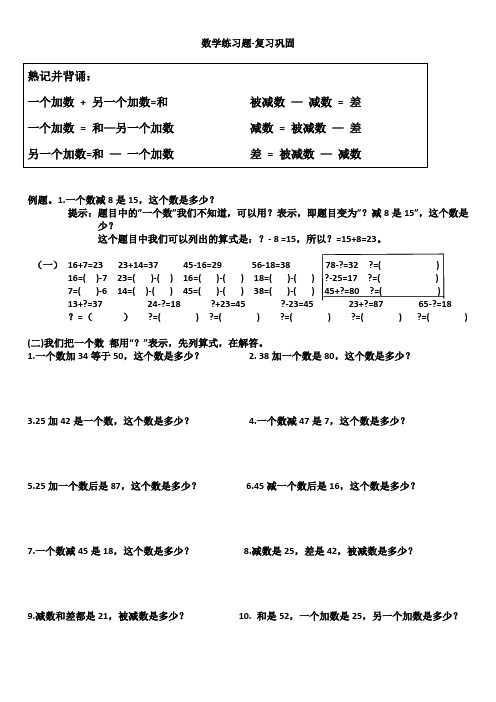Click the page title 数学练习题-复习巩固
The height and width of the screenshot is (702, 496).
click(x=247, y=44)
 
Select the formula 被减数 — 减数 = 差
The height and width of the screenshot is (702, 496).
click(x=305, y=102)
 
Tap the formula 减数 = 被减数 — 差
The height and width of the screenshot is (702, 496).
click(x=305, y=128)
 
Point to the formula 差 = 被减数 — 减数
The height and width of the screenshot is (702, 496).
click(x=305, y=154)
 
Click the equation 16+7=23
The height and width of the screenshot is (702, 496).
click(x=85, y=264)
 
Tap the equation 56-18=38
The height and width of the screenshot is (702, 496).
click(x=271, y=264)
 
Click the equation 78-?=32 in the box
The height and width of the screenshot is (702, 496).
click(x=342, y=264)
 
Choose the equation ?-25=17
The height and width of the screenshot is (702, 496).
click(x=342, y=277)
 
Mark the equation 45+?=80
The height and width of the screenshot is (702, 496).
click(x=343, y=290)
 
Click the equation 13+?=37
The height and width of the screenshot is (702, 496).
click(x=85, y=303)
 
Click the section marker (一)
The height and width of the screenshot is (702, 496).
click(x=46, y=264)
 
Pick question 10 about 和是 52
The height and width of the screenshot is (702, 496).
click(x=349, y=616)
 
